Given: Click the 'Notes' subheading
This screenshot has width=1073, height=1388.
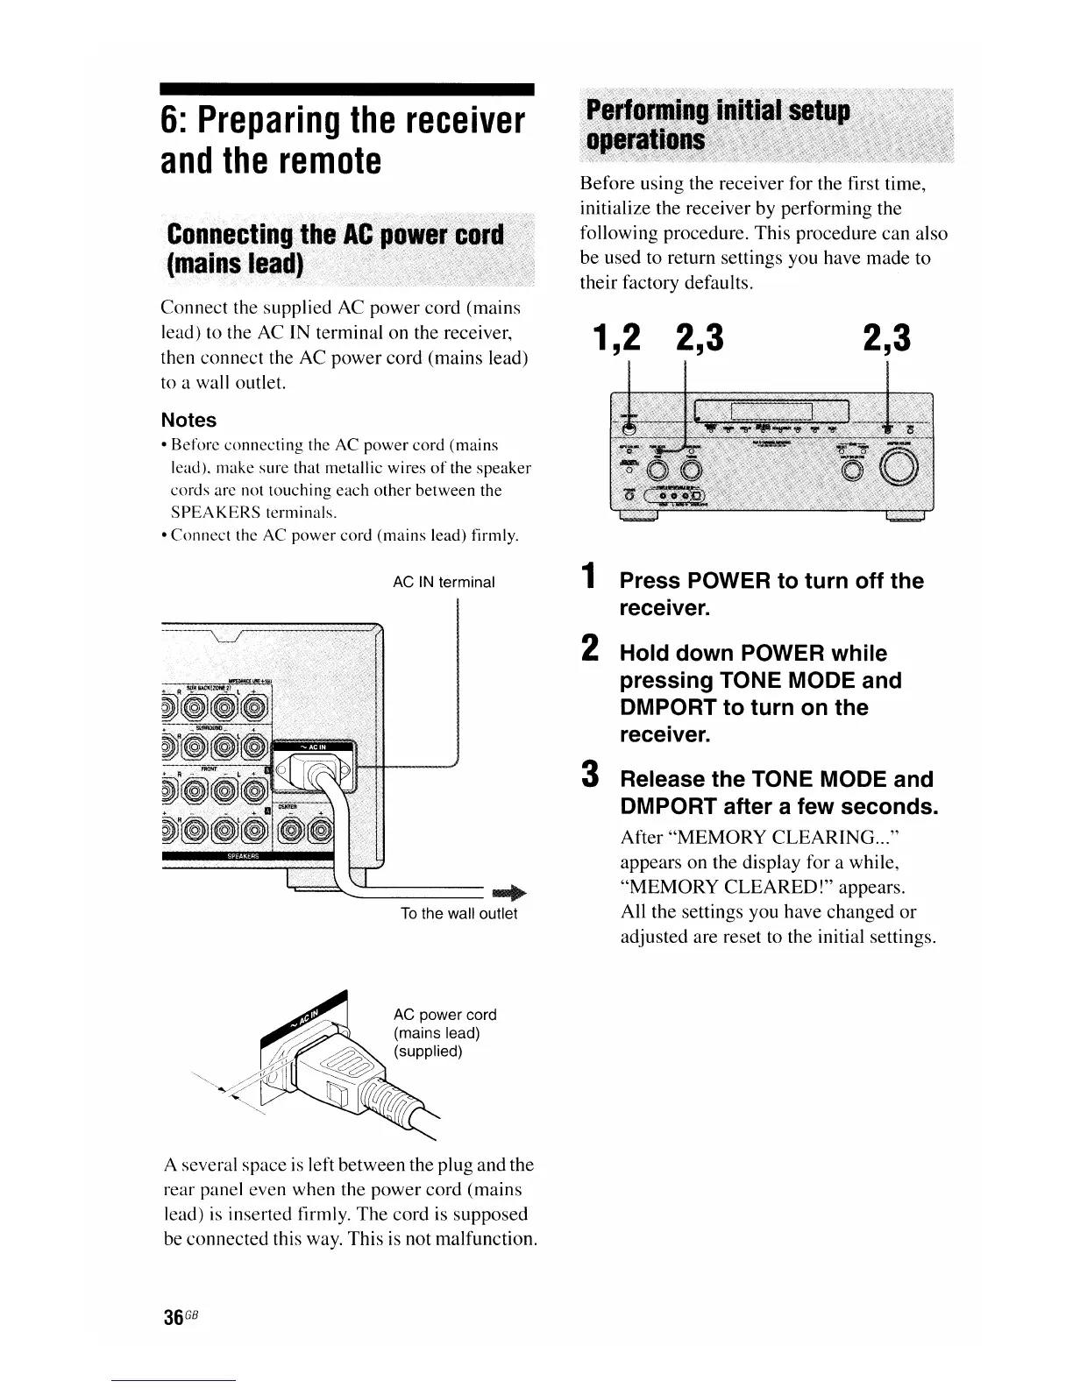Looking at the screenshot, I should (x=188, y=420).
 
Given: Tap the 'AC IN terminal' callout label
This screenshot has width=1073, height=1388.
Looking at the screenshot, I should (x=444, y=582).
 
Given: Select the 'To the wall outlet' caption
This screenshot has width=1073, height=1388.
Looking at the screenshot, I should (x=458, y=914).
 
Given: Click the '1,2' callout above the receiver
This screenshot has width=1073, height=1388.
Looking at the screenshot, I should (x=616, y=338).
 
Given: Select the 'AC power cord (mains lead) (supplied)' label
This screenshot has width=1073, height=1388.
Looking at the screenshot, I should (x=445, y=1032).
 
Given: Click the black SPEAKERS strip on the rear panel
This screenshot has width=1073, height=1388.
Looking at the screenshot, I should (x=248, y=856).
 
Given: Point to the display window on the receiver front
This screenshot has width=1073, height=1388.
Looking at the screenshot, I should (x=771, y=410).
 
